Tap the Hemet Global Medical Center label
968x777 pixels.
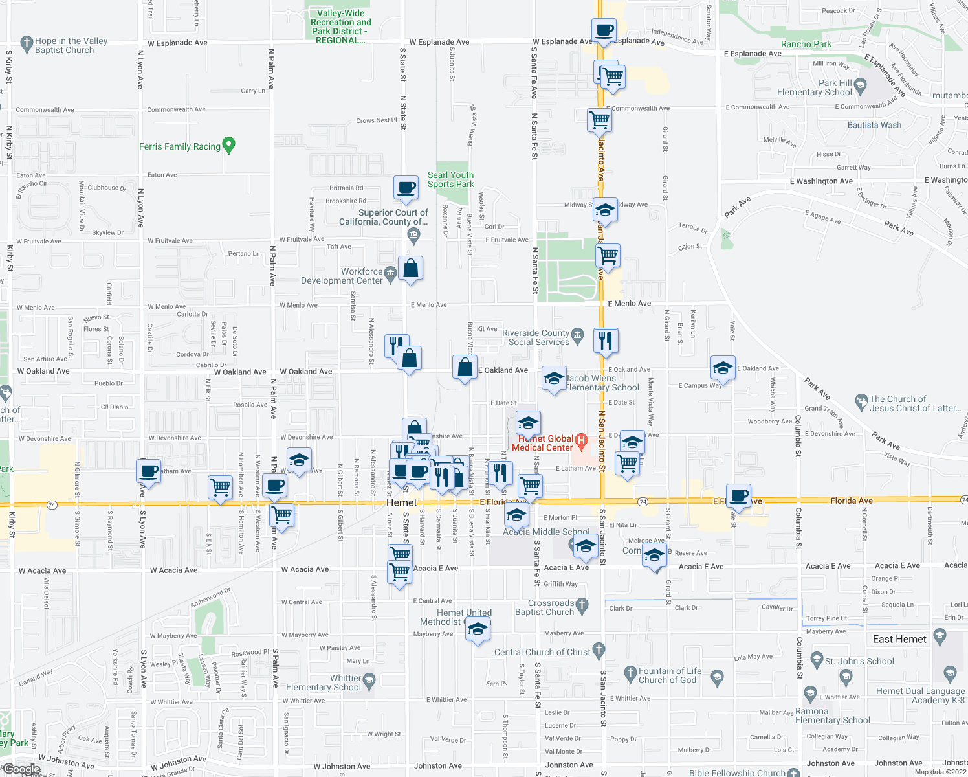pyautogui.click(x=542, y=443)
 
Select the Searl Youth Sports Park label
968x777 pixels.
pyautogui.click(x=450, y=179)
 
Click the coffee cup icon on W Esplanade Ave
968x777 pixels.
pyautogui.click(x=604, y=30)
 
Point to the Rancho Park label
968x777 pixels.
pyautogui.click(x=806, y=44)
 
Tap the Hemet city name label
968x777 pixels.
pyautogui.click(x=401, y=502)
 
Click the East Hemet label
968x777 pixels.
pyautogui.click(x=899, y=639)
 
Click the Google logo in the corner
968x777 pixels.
pyautogui.click(x=21, y=769)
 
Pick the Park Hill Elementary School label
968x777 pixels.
pyautogui.click(x=815, y=87)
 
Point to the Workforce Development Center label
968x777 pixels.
pyautogui.click(x=342, y=276)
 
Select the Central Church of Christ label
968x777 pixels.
pyautogui.click(x=542, y=652)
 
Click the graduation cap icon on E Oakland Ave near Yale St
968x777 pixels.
pyautogui.click(x=722, y=368)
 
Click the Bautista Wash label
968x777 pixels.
pyautogui.click(x=874, y=125)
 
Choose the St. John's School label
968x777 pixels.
pyautogui.click(x=859, y=661)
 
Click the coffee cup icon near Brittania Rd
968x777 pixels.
pyautogui.click(x=406, y=188)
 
